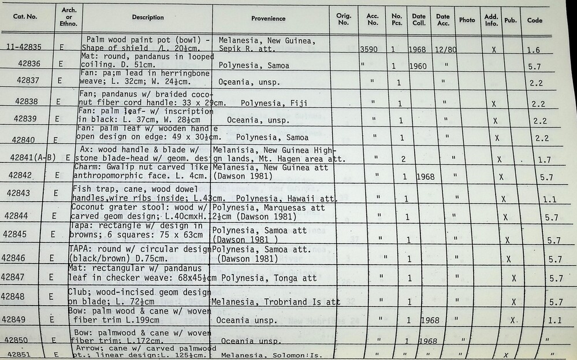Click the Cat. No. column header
(x=25, y=17)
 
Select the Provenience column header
(x=268, y=18)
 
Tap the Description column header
(x=148, y=17)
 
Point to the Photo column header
(x=467, y=20)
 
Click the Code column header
(x=535, y=20)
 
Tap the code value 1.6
(x=533, y=51)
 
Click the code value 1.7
(x=544, y=159)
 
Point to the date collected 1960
(x=417, y=66)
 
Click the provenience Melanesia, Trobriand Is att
(x=275, y=302)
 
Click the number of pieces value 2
(x=403, y=158)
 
